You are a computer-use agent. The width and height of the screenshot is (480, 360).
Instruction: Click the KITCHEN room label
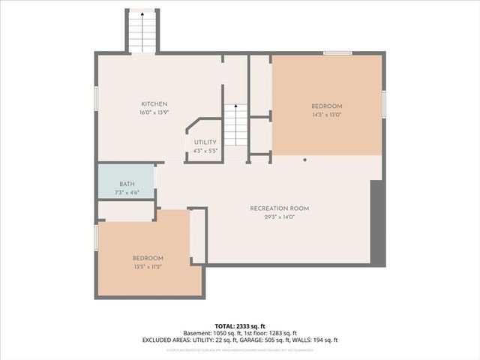coord(154,104)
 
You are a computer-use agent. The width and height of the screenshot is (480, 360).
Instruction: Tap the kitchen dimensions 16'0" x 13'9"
coord(154,112)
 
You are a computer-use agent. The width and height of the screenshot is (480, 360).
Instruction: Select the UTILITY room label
coord(205,142)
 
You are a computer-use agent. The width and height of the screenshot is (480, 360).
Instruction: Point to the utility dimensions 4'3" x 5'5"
coord(205,151)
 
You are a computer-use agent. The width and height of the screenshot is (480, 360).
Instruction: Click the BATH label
coord(127,184)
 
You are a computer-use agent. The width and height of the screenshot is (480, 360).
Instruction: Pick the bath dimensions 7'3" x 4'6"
coord(127,193)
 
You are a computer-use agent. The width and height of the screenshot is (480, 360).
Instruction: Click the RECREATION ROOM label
coord(280,208)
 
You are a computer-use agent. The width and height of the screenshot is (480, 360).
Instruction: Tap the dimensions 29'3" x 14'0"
coord(280,217)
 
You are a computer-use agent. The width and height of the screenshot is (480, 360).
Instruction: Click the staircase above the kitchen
coord(142,32)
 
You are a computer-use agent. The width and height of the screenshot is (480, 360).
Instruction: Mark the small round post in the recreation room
coord(305,160)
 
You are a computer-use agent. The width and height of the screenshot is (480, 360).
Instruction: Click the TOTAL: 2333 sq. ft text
coord(240,325)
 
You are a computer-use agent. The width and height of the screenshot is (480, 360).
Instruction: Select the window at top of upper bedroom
coord(337,52)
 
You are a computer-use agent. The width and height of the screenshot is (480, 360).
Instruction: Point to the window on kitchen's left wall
coord(96,98)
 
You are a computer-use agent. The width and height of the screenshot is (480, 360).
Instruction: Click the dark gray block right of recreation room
coord(378,223)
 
